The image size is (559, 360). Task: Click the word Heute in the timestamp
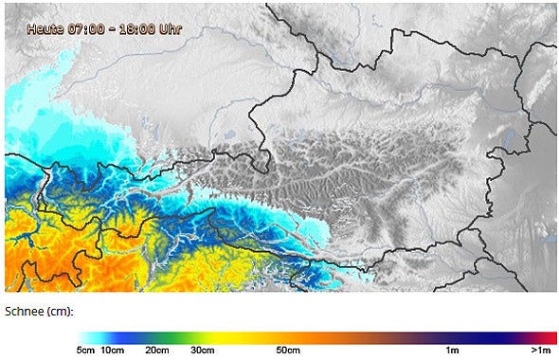tap(45, 28)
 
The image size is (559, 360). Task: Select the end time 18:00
tap(135, 28)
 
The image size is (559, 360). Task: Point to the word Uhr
tap(170, 28)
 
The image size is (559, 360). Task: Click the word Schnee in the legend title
tap(26, 311)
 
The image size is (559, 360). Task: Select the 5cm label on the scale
tap(86, 351)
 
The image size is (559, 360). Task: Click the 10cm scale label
tap(112, 351)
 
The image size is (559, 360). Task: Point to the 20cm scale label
tap(158, 351)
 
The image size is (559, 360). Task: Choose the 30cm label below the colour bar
tap(202, 351)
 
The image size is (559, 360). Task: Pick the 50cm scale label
tap(288, 351)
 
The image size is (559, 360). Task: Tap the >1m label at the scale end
tap(541, 351)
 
